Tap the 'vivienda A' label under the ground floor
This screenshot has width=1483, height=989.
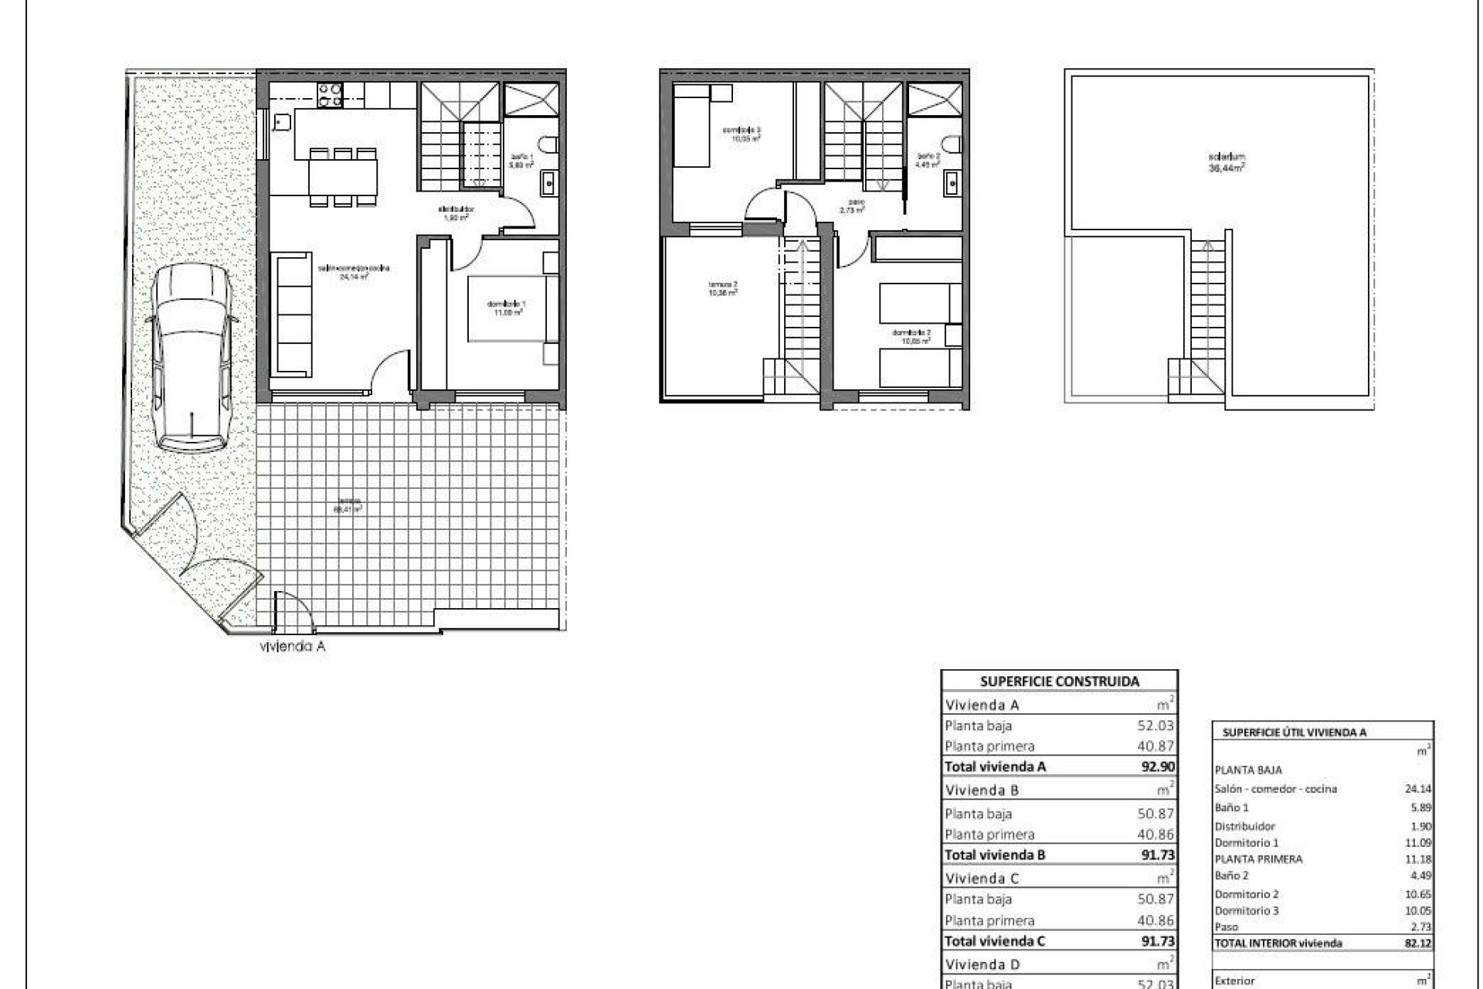tap(292, 647)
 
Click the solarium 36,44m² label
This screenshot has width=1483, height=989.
tap(1227, 161)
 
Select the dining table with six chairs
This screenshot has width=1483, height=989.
tap(343, 178)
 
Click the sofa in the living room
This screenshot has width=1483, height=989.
tap(294, 316)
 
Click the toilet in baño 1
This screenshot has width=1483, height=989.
tap(549, 145)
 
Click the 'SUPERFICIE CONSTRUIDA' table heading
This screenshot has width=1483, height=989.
tap(1059, 681)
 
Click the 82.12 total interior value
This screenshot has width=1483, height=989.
tap(1417, 943)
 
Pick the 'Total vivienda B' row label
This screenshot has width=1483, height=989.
tap(994, 855)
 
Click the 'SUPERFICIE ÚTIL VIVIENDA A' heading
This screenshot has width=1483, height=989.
tap(1295, 732)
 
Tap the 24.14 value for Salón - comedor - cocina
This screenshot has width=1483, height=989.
tap(1417, 790)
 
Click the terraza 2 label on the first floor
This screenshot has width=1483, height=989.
tap(722, 288)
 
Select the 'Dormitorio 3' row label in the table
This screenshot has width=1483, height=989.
tap(1246, 911)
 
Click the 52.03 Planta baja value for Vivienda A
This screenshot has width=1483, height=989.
tap(1156, 726)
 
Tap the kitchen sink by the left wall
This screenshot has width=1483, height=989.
tap(281, 122)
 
